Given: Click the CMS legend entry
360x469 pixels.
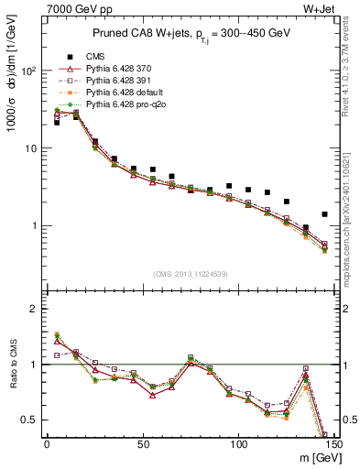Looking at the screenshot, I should pos(95,55).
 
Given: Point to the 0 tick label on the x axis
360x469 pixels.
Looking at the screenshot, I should pos(46,444).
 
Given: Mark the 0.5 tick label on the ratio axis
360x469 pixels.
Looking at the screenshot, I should pos(28,420).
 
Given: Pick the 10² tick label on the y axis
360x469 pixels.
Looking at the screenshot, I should pos(26,71).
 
